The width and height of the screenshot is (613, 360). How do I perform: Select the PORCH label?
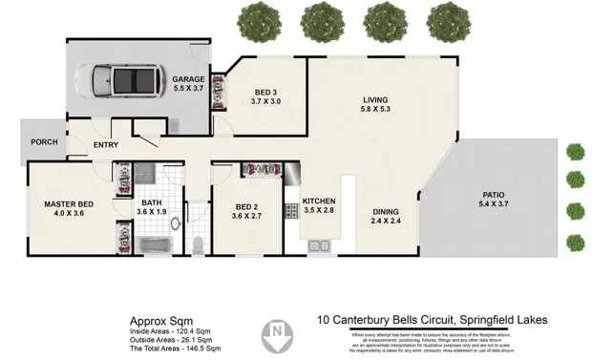[44, 142]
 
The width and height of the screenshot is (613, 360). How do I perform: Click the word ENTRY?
[105, 145]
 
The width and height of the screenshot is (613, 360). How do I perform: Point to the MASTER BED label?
[66, 202]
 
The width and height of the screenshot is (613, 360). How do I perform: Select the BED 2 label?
[247, 207]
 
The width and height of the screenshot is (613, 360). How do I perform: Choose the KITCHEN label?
[318, 201]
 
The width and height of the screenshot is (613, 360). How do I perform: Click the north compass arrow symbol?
[278, 331]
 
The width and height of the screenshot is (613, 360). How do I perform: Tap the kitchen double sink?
[318, 247]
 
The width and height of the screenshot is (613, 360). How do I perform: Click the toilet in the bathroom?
[196, 245]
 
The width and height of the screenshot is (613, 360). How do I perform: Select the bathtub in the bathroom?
[153, 245]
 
